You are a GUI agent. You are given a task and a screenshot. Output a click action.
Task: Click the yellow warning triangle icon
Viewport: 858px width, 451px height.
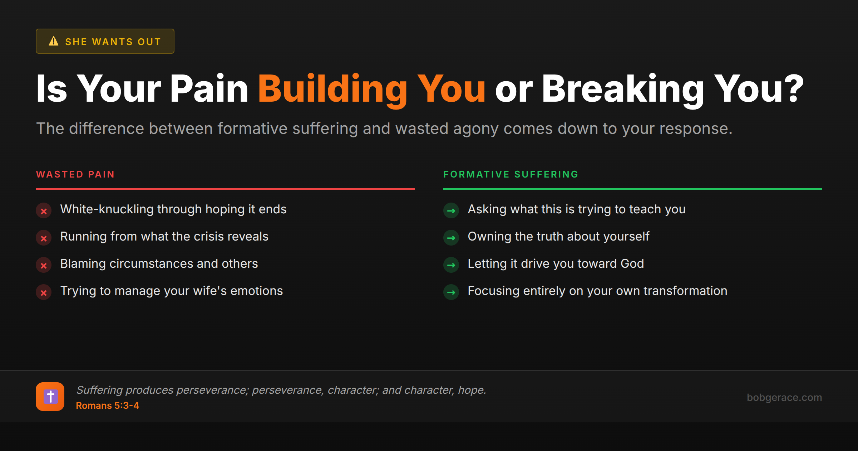tap(54, 41)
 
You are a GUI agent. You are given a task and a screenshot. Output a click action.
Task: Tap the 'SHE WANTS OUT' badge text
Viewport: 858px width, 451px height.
tap(113, 42)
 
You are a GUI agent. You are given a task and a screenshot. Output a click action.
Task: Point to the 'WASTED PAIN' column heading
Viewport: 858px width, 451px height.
tap(75, 174)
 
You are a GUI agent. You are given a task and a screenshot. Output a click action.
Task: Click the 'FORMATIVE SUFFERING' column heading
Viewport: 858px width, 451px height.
tap(511, 174)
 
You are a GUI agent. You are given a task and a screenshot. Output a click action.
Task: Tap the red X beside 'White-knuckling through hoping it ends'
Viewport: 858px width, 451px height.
tap(44, 211)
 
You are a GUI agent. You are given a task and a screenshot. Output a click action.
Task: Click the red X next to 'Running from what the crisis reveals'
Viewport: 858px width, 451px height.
tap(44, 238)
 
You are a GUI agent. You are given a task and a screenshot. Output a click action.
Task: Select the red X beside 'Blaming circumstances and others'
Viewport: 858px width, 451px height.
tap(44, 265)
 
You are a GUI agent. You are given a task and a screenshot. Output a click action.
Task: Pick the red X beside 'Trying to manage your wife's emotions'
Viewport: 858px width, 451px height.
tap(44, 292)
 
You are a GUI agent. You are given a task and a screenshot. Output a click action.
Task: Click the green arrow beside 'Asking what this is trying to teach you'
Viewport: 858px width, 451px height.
tap(451, 211)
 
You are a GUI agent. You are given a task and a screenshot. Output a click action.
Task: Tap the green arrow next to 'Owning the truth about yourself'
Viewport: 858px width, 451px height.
tap(451, 238)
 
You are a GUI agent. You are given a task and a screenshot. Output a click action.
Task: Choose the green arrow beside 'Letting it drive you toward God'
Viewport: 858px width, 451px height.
tap(451, 265)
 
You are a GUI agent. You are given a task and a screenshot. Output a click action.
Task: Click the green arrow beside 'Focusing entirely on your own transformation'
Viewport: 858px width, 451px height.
tap(451, 292)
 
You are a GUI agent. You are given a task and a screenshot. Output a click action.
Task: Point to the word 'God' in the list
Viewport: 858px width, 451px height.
tap(632, 264)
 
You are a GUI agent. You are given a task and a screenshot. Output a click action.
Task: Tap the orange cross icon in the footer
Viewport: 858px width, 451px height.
tap(50, 397)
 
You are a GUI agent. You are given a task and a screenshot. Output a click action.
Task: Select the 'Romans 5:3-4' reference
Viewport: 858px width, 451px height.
tap(107, 406)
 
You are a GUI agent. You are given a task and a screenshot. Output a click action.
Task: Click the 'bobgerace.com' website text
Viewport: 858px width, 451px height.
tap(784, 397)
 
